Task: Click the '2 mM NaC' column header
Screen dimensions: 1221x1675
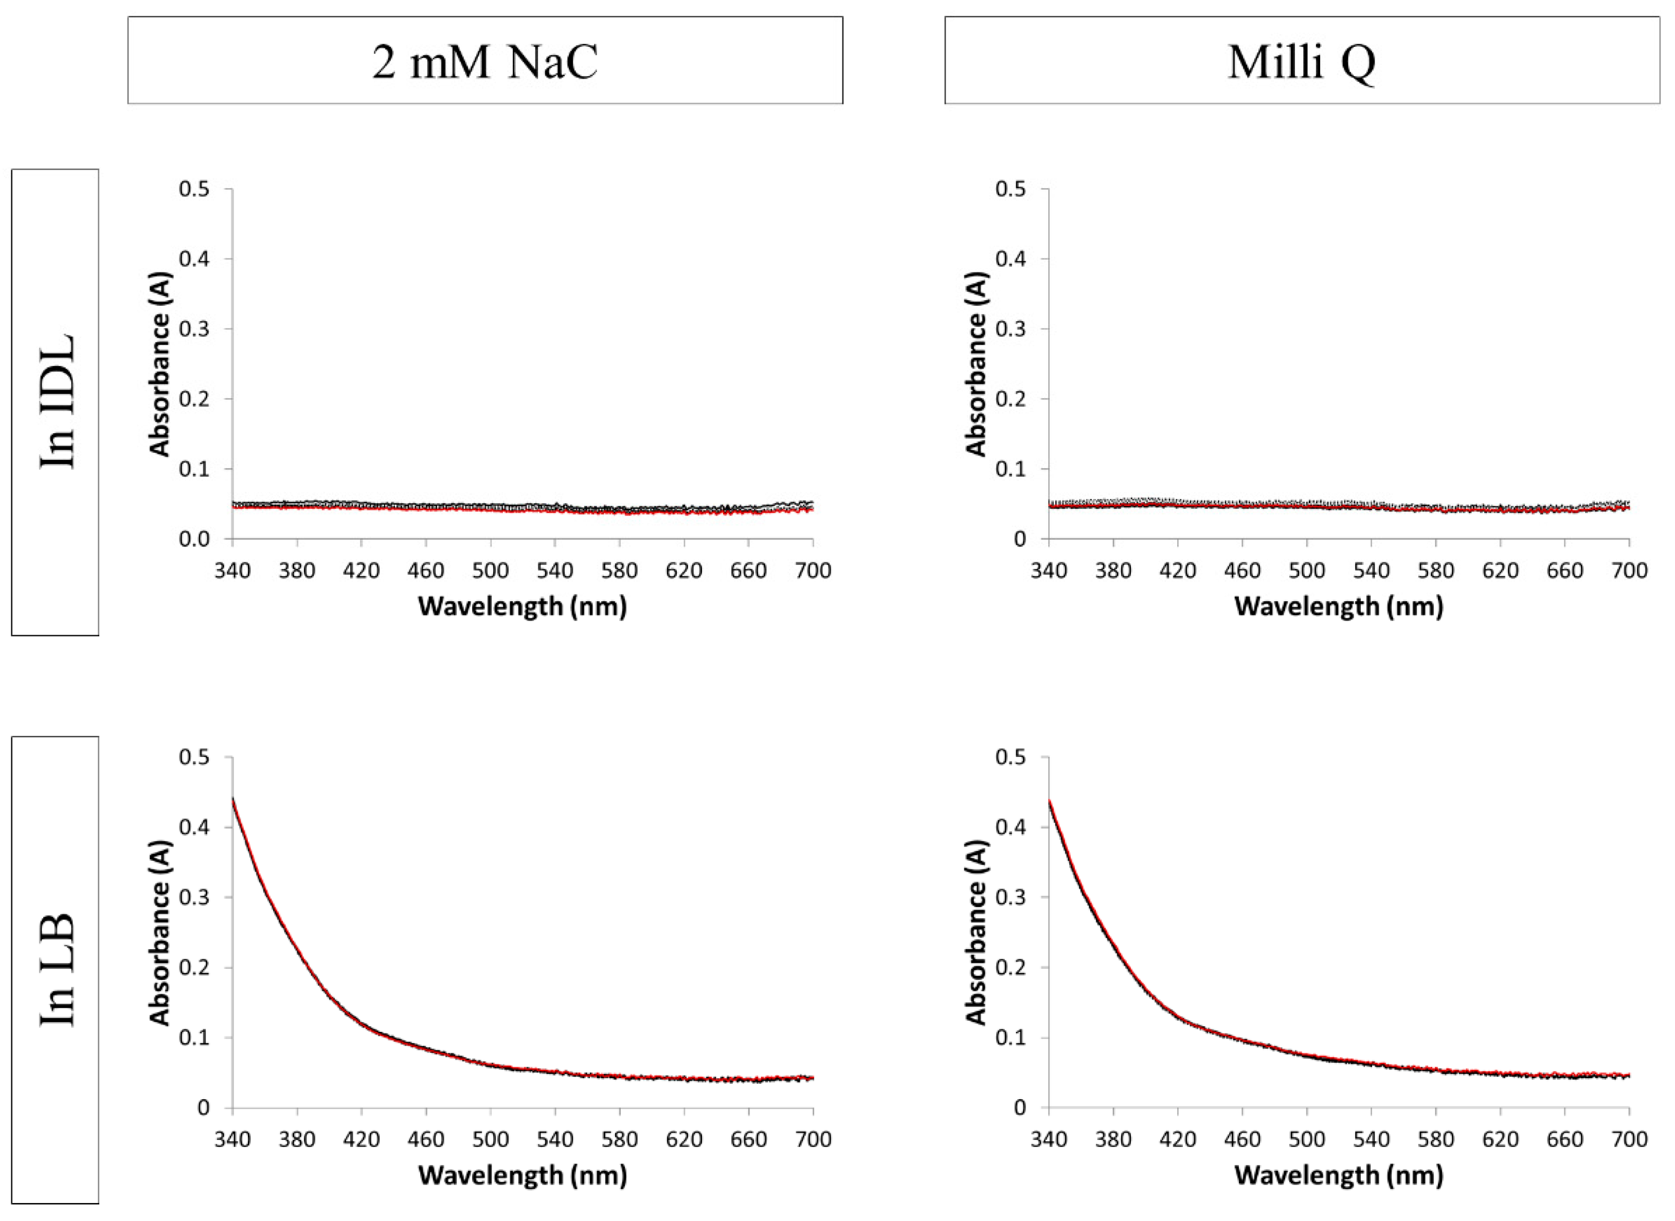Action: click(x=484, y=61)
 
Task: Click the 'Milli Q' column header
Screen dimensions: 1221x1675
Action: click(x=1302, y=61)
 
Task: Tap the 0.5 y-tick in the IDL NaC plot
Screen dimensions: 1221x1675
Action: click(x=194, y=189)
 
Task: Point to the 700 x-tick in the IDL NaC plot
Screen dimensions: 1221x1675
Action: click(x=813, y=570)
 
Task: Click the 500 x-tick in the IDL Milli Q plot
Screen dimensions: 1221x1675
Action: click(x=1307, y=570)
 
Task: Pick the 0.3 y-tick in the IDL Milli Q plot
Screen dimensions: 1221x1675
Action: click(x=1011, y=329)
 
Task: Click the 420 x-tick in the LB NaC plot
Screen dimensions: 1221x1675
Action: click(x=361, y=1139)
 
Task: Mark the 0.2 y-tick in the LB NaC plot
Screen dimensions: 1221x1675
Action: click(x=194, y=968)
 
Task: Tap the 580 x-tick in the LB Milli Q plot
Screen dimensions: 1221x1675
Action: click(x=1436, y=1139)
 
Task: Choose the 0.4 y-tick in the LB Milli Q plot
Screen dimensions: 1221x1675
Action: click(x=1011, y=827)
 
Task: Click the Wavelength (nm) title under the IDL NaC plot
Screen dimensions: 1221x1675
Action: click(x=522, y=606)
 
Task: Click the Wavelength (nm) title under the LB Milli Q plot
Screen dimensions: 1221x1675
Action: click(x=1339, y=1174)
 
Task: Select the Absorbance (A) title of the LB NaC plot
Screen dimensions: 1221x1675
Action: click(x=160, y=933)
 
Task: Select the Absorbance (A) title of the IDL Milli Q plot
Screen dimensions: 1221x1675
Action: click(x=977, y=364)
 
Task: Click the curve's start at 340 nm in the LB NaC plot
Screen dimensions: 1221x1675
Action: click(x=233, y=800)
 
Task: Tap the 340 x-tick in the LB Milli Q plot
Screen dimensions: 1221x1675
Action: click(x=1049, y=1139)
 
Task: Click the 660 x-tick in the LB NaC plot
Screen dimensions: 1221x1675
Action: click(x=748, y=1139)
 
